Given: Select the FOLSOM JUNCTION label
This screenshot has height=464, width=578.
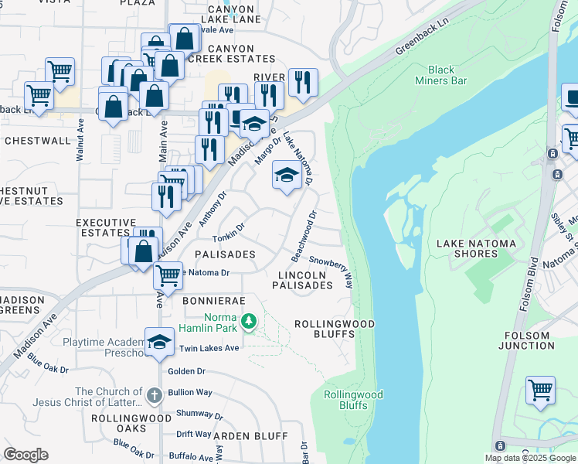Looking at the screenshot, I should click(527, 341).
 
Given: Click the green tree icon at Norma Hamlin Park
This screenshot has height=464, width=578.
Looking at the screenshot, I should click(249, 320).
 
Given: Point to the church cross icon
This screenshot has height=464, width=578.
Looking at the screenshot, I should click(154, 396).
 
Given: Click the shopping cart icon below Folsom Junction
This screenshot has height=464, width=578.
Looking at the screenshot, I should click(540, 391).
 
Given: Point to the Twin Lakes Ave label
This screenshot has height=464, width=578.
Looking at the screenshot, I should click(209, 349).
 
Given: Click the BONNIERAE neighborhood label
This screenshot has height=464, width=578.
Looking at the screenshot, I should click(214, 299).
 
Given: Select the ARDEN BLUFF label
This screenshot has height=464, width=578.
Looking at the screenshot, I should click(243, 436).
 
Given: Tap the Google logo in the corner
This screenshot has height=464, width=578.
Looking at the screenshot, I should click(25, 455).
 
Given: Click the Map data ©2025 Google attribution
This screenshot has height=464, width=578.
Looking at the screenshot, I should click(531, 458).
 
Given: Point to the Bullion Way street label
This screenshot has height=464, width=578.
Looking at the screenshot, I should click(194, 393).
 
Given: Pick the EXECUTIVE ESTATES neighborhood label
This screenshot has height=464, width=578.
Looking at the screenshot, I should click(102, 227).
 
